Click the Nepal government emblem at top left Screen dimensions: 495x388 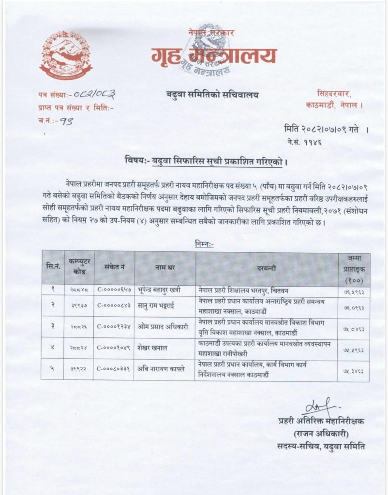[x=65, y=54]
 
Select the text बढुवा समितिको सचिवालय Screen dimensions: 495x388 [x=210, y=95]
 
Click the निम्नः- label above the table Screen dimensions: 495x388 [x=205, y=244]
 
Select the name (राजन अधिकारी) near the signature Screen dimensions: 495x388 [x=321, y=432]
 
